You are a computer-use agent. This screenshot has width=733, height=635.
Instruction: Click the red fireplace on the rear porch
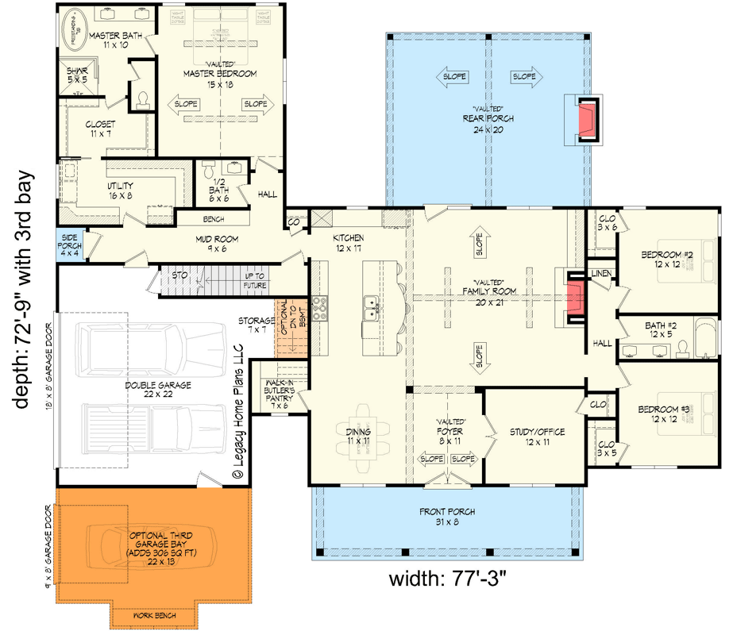[587, 119]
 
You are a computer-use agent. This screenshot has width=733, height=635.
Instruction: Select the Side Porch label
[68, 244]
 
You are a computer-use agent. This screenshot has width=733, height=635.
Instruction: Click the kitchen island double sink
[371, 308]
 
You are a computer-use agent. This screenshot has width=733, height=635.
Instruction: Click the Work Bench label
[155, 615]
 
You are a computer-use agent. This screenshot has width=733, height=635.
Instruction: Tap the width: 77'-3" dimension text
[447, 578]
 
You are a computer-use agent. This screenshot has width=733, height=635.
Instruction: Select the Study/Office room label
[538, 437]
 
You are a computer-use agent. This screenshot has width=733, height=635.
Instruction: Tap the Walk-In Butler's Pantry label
[280, 393]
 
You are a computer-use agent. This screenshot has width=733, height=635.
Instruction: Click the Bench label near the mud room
[212, 217]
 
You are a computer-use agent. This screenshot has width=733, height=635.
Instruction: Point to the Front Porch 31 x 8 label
[447, 517]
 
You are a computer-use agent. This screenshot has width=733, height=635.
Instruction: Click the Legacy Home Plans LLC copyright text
[237, 412]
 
